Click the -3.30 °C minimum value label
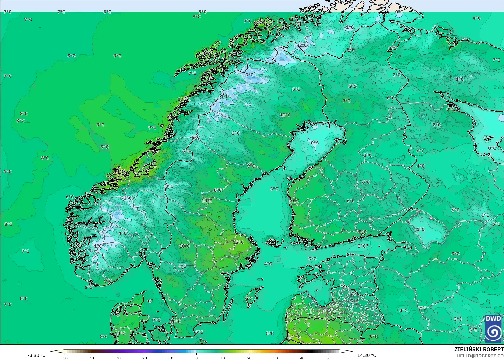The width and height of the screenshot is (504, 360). tap(36, 355)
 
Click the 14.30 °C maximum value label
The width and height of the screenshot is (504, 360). tap(367, 355)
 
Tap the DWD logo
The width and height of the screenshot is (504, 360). tap(493, 328)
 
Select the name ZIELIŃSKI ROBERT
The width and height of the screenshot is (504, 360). tap(479, 349)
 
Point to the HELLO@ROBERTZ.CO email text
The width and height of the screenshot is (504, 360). tap(480, 356)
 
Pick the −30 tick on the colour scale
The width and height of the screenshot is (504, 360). tap(117, 358)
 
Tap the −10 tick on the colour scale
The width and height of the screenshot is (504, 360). tap(170, 358)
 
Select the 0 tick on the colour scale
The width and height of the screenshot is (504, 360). tap(196, 358)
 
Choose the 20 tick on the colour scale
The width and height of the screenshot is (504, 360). tap(249, 358)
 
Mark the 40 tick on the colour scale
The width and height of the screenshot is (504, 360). tap(302, 358)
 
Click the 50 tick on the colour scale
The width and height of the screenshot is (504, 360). tap(329, 358)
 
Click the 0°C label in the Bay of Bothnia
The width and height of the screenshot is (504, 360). tap(315, 143)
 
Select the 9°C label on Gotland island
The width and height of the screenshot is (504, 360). tap(248, 298)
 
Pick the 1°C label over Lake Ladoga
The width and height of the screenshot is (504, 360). tap(420, 229)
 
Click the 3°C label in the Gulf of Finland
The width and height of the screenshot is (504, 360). tap(362, 246)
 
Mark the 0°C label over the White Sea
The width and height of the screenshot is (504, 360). tap(492, 148)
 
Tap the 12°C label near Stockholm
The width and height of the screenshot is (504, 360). tap(238, 242)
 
